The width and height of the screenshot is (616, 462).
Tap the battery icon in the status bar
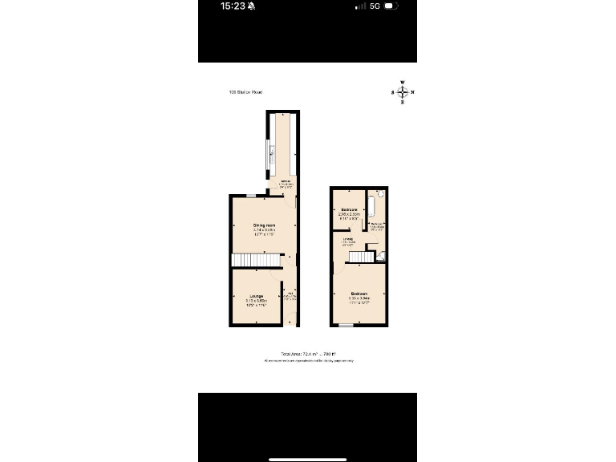tap(391, 6)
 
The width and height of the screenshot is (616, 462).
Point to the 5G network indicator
tap(374, 6)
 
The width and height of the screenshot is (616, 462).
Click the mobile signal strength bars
tap(359, 6)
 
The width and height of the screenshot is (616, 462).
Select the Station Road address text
tap(245, 92)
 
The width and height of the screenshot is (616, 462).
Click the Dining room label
tap(264, 225)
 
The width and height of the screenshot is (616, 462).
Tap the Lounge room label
tap(256, 297)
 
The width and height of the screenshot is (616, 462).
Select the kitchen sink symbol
tap(272, 150)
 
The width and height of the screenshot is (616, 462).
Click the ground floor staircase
tap(255, 261)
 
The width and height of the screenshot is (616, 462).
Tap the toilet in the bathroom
tap(379, 195)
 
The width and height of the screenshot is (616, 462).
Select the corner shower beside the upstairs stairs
tap(383, 257)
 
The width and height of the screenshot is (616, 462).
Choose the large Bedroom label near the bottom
tap(359, 294)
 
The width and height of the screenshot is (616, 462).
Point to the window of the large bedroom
tap(346, 325)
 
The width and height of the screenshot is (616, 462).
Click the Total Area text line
tap(308, 354)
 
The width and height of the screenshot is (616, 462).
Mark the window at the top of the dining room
tap(251, 196)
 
